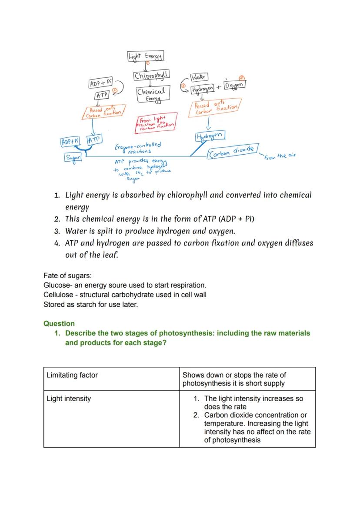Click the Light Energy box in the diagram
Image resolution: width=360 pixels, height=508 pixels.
[x=145, y=56]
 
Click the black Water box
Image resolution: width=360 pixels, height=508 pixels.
[x=199, y=77]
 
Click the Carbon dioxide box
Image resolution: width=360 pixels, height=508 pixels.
[x=233, y=152]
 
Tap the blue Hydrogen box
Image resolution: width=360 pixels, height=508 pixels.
[x=210, y=136]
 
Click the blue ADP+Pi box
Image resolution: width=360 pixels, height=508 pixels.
[x=70, y=142]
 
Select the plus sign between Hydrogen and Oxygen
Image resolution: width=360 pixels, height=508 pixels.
[x=219, y=87]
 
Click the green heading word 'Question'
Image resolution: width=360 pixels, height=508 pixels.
[x=59, y=324]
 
